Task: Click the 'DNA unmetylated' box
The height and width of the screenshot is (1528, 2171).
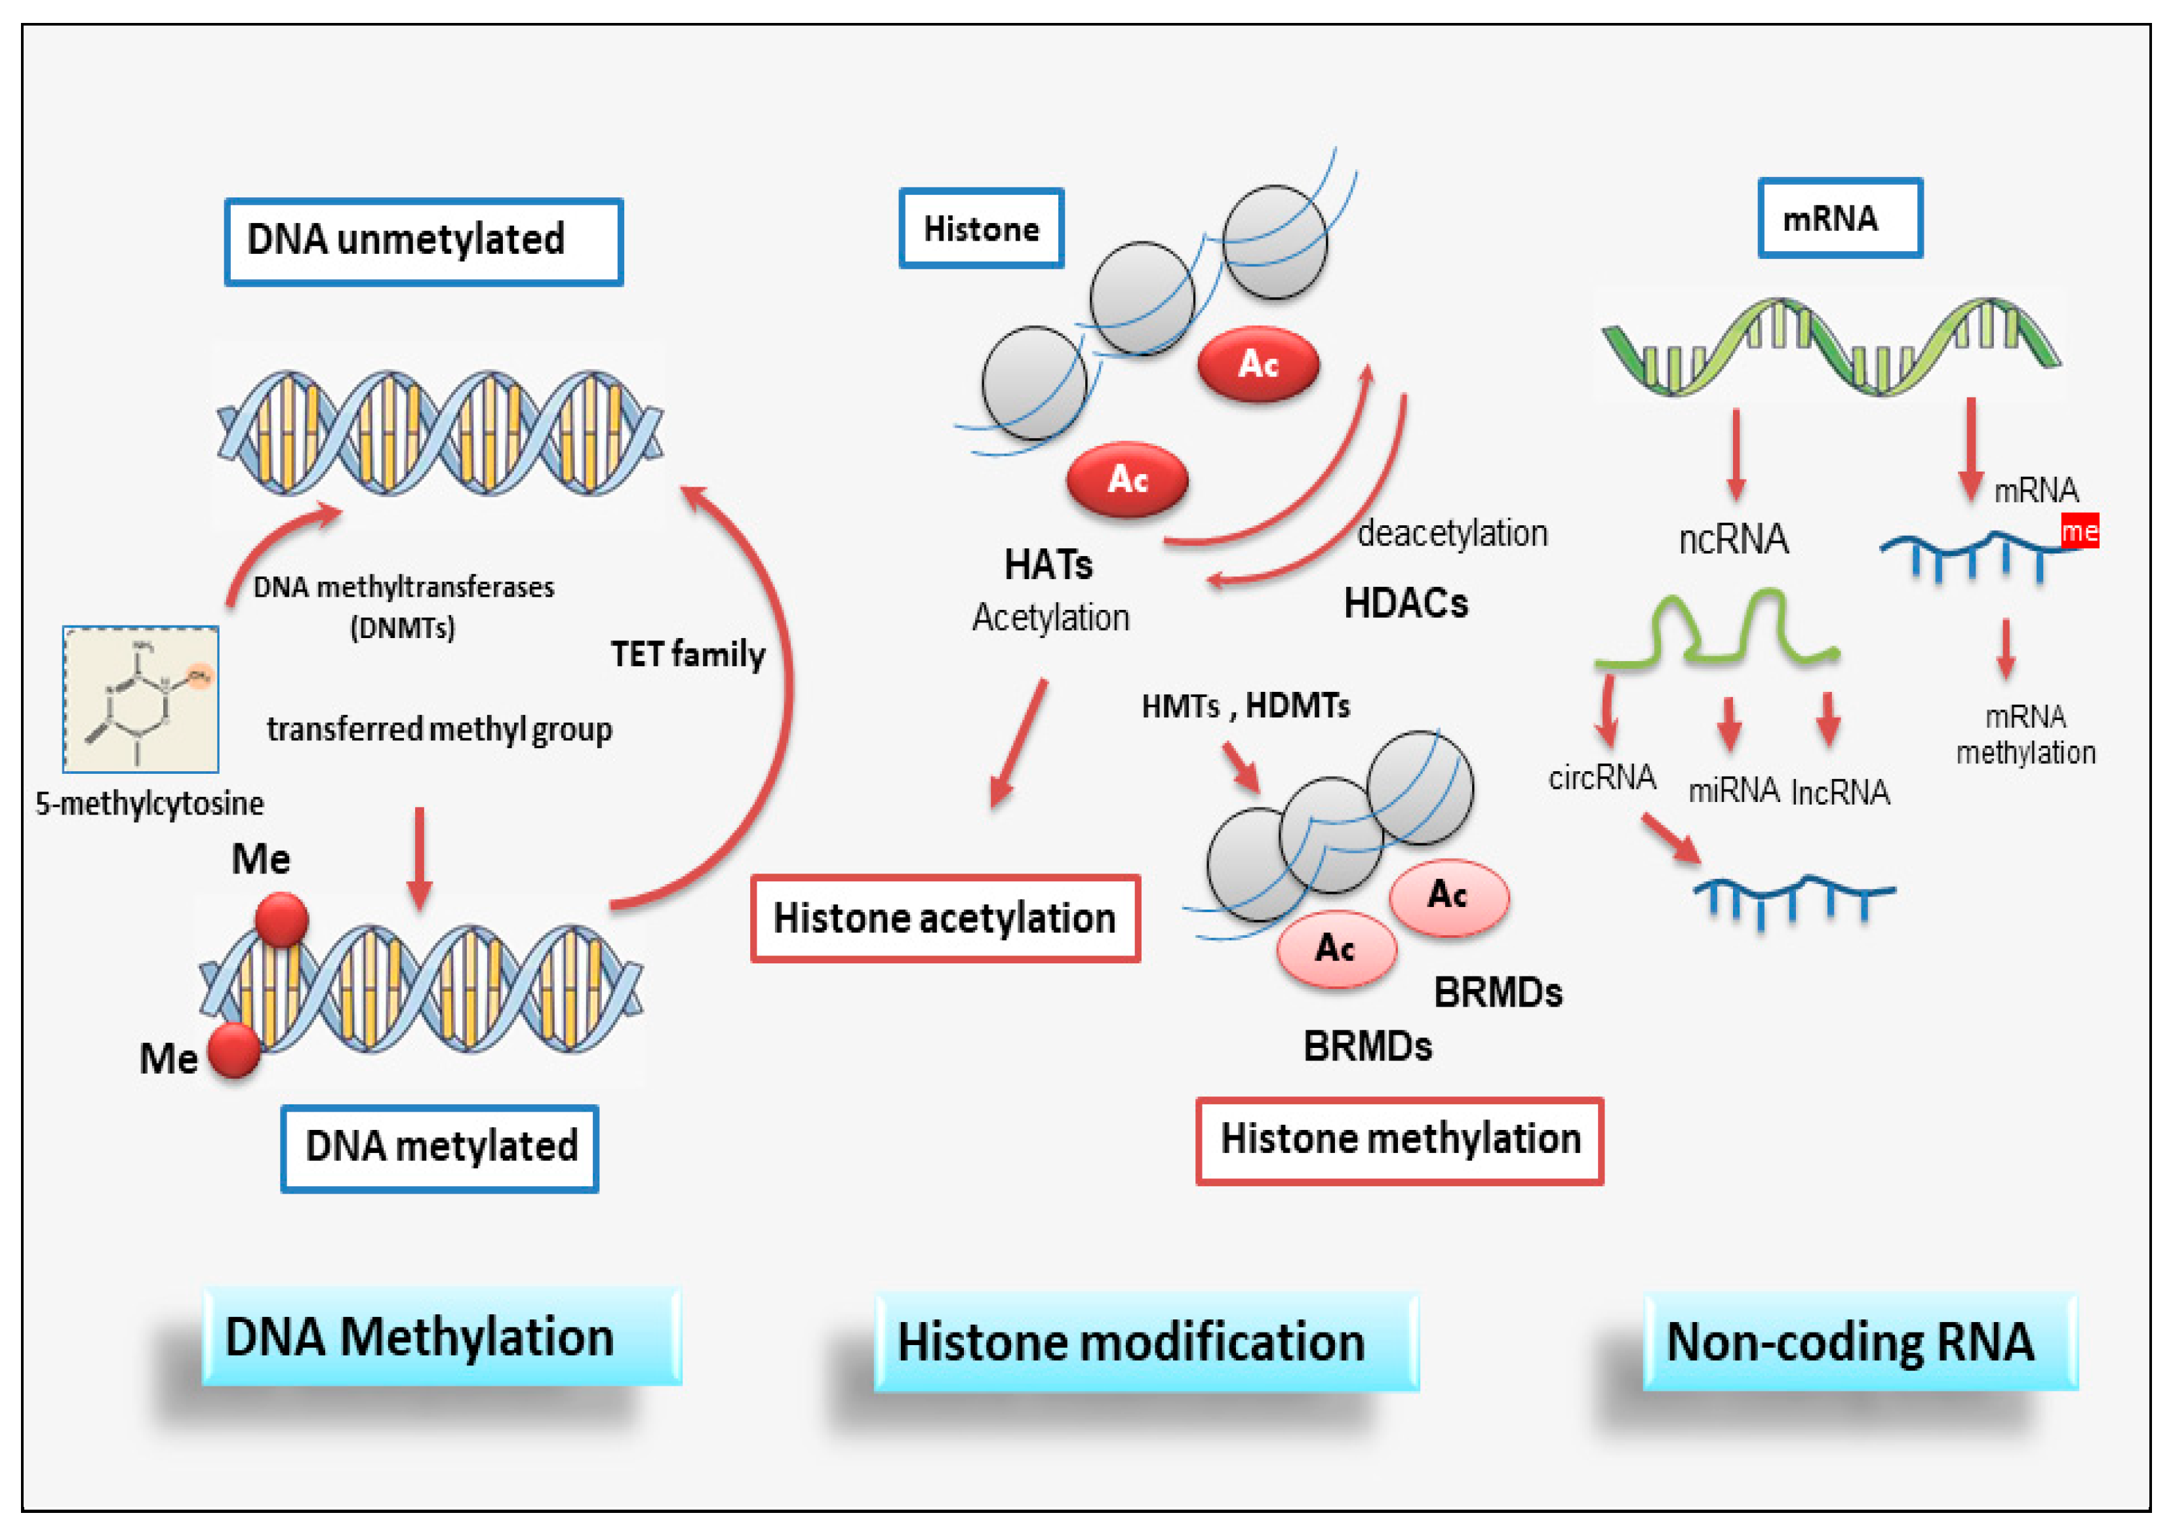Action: pos(423,241)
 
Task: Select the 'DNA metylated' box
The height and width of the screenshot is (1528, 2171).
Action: pos(440,1147)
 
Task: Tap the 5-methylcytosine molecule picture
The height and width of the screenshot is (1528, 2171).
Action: pos(141,700)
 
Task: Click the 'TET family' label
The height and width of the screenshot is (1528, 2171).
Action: pos(687,654)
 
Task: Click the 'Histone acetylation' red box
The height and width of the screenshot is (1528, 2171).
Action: pos(945,918)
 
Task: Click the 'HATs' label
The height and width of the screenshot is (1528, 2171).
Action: pos(1048,565)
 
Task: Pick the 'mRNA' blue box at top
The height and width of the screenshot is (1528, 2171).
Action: pos(1839,218)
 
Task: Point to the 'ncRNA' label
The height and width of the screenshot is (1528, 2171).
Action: pos(1732,539)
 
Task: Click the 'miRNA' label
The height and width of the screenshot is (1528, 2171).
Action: pos(1732,790)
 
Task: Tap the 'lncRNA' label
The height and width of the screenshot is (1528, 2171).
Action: pos(1839,792)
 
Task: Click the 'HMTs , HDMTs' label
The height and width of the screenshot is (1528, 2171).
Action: pos(1245,706)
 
